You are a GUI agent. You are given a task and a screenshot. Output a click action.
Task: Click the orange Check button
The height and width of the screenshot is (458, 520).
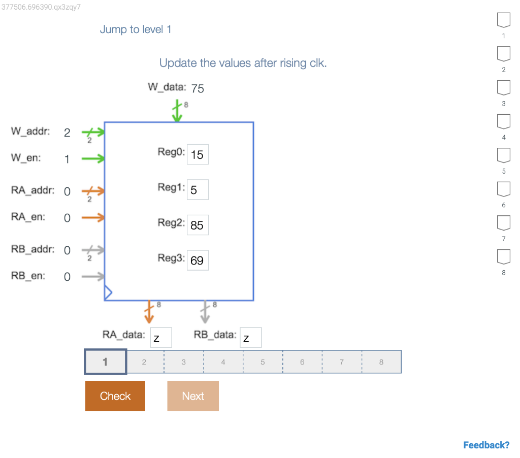115,396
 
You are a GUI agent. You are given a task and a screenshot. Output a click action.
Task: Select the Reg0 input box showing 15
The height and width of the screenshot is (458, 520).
198,154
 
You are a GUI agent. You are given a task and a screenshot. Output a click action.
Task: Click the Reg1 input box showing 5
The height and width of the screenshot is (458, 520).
198,190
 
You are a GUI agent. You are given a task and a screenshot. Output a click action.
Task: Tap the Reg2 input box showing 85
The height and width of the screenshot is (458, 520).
198,225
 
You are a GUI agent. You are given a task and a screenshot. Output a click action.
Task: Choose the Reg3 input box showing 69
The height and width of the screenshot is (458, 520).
198,260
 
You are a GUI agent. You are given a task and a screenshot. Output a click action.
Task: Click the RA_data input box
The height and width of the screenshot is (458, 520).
160,338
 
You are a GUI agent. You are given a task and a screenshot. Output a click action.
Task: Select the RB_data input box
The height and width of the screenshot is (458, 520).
250,338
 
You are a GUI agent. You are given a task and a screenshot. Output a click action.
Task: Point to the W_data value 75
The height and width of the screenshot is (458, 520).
198,89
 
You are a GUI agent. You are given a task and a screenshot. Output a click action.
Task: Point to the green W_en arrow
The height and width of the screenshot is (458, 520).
93,159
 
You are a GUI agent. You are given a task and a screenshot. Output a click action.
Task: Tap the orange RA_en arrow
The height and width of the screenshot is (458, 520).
93,218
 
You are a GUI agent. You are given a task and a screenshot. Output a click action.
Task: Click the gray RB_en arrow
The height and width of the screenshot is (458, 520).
93,277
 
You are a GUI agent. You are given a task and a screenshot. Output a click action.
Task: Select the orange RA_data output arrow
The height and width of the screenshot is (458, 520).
149,312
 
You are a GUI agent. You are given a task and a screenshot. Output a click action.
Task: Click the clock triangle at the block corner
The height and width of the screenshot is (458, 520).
108,293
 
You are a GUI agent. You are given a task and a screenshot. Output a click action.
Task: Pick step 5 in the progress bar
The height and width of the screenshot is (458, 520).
263,362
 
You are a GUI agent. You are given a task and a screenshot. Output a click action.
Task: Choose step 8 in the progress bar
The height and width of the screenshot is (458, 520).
381,362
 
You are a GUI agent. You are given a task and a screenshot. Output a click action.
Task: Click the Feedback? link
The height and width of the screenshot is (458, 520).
486,445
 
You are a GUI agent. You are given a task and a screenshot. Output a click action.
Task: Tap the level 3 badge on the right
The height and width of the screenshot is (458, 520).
503,88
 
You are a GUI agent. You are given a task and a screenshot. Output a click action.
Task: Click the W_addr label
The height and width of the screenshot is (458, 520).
30,132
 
